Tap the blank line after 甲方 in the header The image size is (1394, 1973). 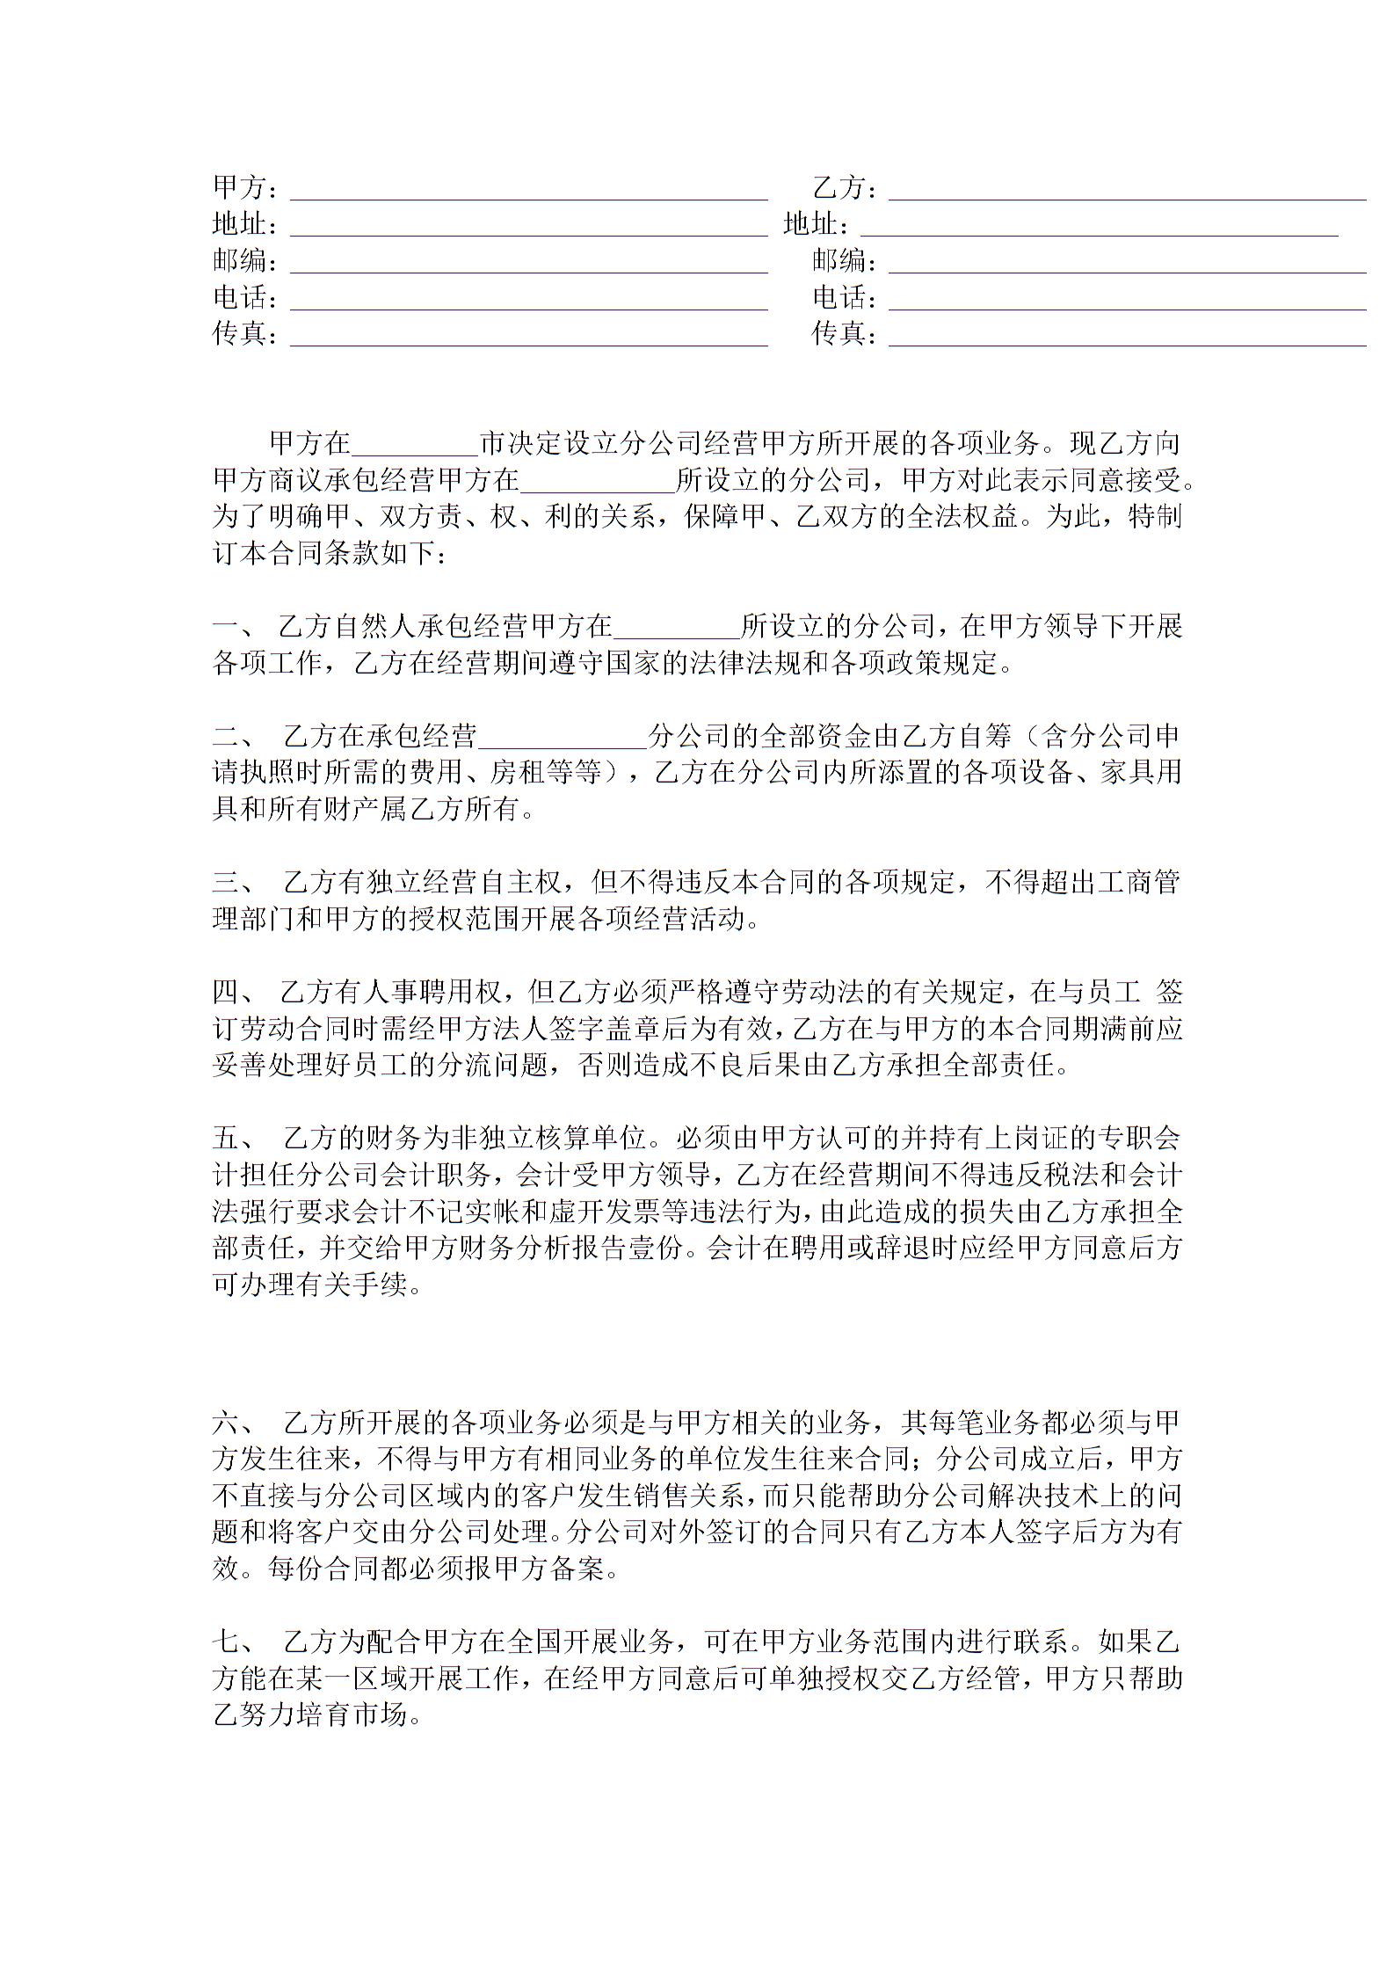(528, 196)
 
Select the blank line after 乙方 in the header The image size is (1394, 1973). (1127, 196)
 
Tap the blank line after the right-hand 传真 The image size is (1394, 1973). (1127, 343)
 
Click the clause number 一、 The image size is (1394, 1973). (234, 627)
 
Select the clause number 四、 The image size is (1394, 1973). (234, 993)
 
